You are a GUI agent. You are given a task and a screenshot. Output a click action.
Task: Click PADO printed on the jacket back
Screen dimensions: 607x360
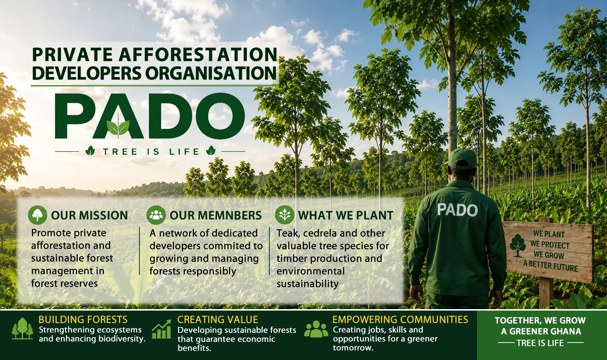click(x=457, y=210)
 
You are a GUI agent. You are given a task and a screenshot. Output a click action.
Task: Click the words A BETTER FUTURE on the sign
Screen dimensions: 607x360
click(x=551, y=266)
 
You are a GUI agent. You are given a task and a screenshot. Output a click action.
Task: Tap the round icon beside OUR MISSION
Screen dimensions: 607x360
click(x=37, y=215)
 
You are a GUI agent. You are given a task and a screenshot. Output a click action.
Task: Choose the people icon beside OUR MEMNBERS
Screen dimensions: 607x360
click(x=156, y=215)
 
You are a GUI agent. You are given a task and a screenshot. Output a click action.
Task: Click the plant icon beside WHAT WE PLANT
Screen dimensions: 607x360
click(x=285, y=215)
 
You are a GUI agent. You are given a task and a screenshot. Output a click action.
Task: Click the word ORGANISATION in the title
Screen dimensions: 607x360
click(x=211, y=73)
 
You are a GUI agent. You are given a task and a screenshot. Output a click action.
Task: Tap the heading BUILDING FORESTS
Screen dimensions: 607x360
click(x=83, y=320)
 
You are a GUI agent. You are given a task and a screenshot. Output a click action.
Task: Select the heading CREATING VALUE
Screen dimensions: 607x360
click(x=217, y=320)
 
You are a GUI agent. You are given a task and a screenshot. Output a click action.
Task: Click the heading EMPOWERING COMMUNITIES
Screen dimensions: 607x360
click(x=400, y=320)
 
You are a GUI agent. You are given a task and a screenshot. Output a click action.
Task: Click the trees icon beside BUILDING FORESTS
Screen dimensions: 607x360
click(x=23, y=328)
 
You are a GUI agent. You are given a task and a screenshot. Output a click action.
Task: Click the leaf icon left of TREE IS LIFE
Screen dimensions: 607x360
click(x=90, y=150)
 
